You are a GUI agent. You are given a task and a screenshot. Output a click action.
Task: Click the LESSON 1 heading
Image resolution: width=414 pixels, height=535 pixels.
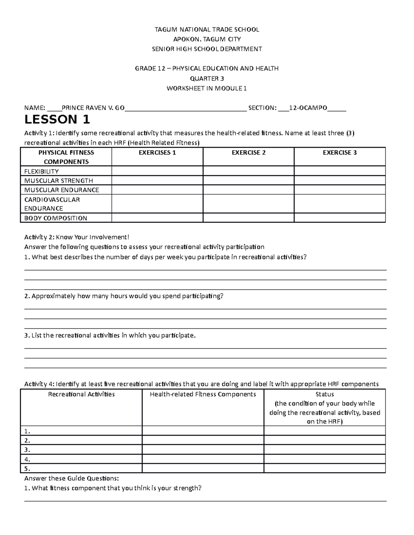tap(57, 120)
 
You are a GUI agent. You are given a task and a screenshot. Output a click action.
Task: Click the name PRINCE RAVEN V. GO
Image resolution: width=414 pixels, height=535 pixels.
tap(93, 108)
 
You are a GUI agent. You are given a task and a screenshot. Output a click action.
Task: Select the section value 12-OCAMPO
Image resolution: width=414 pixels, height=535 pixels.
tap(308, 108)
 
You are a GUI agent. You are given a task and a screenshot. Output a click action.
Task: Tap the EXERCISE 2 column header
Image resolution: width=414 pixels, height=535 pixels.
tap(248, 153)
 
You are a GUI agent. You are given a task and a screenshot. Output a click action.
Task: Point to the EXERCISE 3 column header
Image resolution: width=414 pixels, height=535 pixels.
tap(339, 153)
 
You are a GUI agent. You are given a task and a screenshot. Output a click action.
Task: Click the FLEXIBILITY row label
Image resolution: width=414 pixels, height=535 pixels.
tap(41, 171)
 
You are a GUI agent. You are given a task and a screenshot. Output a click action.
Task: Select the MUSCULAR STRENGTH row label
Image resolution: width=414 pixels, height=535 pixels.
tap(58, 181)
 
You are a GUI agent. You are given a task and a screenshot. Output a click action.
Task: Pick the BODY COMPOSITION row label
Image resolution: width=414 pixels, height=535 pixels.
tap(56, 218)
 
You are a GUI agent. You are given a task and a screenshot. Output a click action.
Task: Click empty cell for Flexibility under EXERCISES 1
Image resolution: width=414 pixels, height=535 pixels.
tap(157, 171)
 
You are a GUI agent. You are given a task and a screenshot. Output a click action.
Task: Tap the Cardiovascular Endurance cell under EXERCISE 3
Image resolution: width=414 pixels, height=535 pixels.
tap(339, 204)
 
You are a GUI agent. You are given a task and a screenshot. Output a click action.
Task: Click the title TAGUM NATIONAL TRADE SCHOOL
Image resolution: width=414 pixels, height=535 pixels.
tap(207, 30)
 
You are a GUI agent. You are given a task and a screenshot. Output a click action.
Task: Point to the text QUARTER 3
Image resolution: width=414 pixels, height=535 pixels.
tap(207, 79)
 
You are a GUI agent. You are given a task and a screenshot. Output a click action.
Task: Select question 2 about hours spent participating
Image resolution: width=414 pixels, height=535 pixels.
tap(124, 296)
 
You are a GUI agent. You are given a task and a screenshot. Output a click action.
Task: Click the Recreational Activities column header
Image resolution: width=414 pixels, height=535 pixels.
tap(81, 394)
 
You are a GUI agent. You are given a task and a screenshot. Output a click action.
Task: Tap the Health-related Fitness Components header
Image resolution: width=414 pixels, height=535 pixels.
tap(203, 394)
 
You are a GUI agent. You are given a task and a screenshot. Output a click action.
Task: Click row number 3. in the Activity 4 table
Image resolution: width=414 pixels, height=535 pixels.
tap(28, 450)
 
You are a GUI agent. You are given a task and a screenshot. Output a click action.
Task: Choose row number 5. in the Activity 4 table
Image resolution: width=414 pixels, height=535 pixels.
tap(28, 469)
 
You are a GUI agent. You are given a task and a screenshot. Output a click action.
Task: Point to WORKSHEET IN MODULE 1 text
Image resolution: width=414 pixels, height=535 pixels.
tap(207, 89)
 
